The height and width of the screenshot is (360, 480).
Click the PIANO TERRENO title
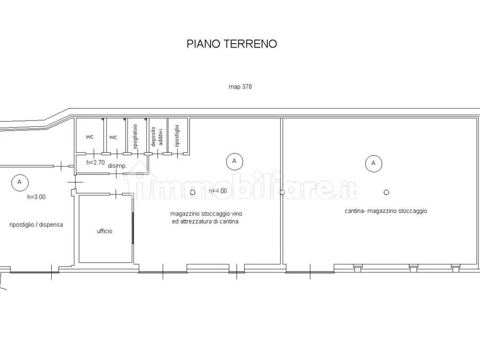tap(232, 44)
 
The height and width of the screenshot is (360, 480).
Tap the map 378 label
tap(240, 87)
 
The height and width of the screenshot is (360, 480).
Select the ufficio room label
tap(105, 231)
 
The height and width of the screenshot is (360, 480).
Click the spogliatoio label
tap(135, 136)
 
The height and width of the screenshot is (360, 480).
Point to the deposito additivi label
tap(157, 136)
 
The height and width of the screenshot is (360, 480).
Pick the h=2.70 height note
tap(96, 163)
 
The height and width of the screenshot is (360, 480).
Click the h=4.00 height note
tap(218, 191)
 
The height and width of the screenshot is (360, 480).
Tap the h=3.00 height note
tap(37, 197)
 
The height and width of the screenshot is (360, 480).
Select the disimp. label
tap(117, 166)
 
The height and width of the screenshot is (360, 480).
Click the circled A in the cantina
tap(373, 163)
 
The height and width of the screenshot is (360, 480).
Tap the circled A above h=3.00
tap(20, 182)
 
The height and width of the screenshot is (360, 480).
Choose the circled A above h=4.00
tap(234, 161)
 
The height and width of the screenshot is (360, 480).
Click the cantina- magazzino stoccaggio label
tap(386, 211)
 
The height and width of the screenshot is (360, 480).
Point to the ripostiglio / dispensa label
tap(36, 225)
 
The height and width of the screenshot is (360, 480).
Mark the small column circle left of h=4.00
tap(193, 192)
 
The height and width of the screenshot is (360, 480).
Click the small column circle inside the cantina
tap(386, 192)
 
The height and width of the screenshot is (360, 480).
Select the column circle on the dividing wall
tap(282, 192)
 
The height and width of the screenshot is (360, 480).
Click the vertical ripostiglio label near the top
tap(177, 136)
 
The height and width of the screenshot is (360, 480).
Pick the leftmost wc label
tap(90, 137)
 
